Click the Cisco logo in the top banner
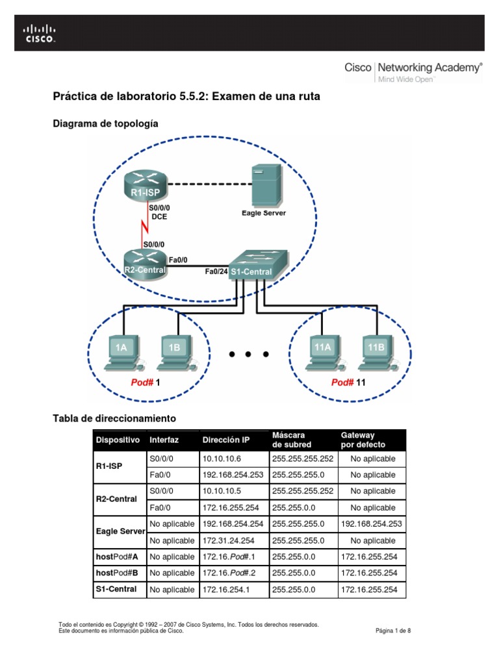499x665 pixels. click(x=40, y=32)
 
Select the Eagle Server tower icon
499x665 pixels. click(x=266, y=184)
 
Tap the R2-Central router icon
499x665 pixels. click(x=146, y=265)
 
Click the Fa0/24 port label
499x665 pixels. click(x=216, y=272)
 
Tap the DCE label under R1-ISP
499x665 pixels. click(x=159, y=217)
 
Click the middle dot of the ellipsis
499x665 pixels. click(x=249, y=355)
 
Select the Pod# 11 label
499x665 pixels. click(x=349, y=383)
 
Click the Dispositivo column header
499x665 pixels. click(x=118, y=440)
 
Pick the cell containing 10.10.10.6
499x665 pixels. click(x=222, y=458)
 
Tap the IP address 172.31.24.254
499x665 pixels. click(x=233, y=540)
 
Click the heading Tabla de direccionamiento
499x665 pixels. click(x=114, y=418)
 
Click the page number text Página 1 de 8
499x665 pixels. click(x=394, y=630)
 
